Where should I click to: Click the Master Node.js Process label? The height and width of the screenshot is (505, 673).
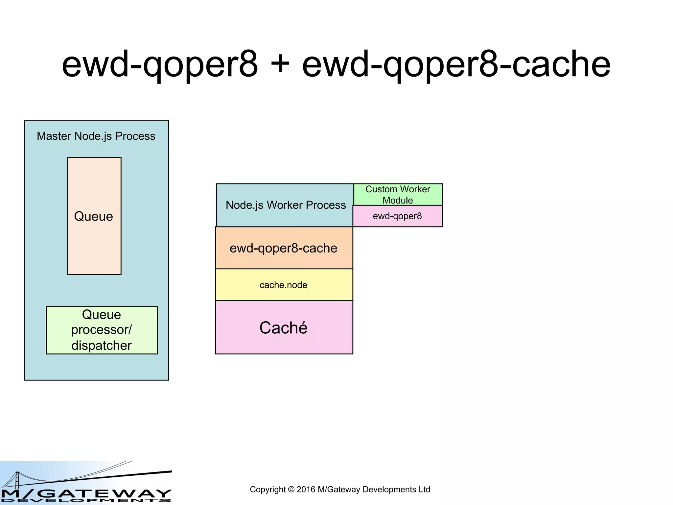click(x=96, y=136)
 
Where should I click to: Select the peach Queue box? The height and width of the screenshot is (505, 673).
click(x=94, y=230)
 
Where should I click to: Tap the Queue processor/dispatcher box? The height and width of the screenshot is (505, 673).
click(x=102, y=330)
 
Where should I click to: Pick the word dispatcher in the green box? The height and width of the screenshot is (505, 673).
click(x=102, y=346)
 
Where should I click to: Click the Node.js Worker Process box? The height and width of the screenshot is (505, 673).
click(x=285, y=205)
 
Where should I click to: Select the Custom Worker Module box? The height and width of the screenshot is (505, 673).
click(x=398, y=195)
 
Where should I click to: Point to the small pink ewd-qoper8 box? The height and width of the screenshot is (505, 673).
click(x=397, y=216)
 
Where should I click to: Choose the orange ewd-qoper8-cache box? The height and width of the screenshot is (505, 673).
click(x=284, y=248)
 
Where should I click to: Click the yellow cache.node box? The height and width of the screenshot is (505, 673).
click(x=284, y=285)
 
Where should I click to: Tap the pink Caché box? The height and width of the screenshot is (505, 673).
click(x=284, y=327)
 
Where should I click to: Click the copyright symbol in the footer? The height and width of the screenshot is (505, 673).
click(x=291, y=490)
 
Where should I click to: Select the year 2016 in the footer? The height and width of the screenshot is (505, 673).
click(x=306, y=490)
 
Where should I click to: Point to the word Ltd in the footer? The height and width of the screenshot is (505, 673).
click(x=424, y=490)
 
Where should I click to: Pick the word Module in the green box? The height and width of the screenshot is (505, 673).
click(x=398, y=200)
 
